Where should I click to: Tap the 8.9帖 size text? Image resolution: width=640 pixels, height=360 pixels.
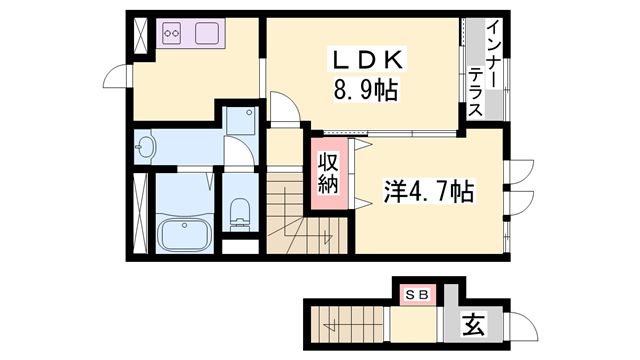[x=365, y=92]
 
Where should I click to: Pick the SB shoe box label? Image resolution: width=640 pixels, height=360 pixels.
[x=415, y=294]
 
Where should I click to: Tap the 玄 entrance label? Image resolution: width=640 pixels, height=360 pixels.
[x=473, y=324]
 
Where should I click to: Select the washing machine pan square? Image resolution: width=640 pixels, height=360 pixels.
[x=240, y=122]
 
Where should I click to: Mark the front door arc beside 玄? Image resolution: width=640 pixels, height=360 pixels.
[x=519, y=327]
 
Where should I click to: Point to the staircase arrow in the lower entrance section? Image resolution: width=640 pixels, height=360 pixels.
[x=328, y=320]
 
